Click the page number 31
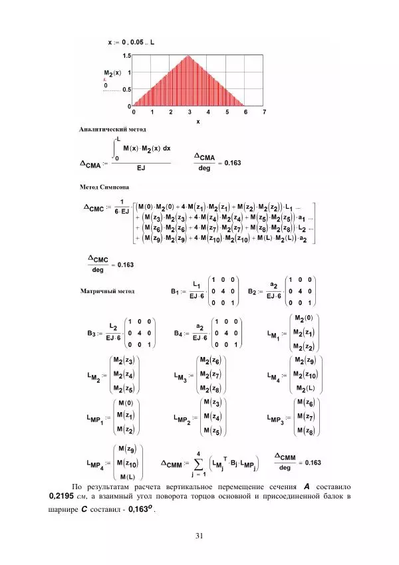pyautogui.click(x=199, y=536)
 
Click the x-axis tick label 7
pyautogui.click(x=264, y=112)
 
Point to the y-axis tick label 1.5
pyautogui.click(x=126, y=57)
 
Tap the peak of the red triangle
pyautogui.click(x=189, y=56)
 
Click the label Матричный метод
pyautogui.click(x=107, y=290)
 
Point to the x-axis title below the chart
pyautogui.click(x=198, y=122)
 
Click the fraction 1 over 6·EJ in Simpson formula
pyautogui.click(x=121, y=207)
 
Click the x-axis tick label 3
pyautogui.click(x=189, y=112)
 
